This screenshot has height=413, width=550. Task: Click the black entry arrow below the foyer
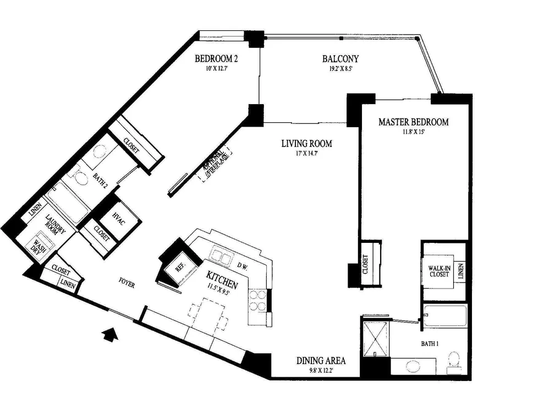tap(110, 334)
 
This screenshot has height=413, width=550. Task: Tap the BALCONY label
tap(340, 59)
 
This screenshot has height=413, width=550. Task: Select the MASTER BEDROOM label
tap(413, 122)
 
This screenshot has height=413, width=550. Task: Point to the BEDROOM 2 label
tap(216, 58)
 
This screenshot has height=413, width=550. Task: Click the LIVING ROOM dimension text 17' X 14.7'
tap(306, 153)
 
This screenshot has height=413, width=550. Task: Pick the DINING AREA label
tap(321, 361)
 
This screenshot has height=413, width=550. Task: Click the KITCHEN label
tap(222, 279)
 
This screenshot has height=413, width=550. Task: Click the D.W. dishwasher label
tap(243, 267)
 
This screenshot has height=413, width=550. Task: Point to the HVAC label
tap(119, 219)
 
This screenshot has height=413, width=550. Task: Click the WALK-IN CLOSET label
tap(439, 271)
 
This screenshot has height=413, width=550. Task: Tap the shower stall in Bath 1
tap(376, 339)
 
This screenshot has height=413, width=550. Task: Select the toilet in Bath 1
tap(454, 362)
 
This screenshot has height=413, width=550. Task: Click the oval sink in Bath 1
tap(413, 366)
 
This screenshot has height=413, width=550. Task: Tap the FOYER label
tap(127, 282)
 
